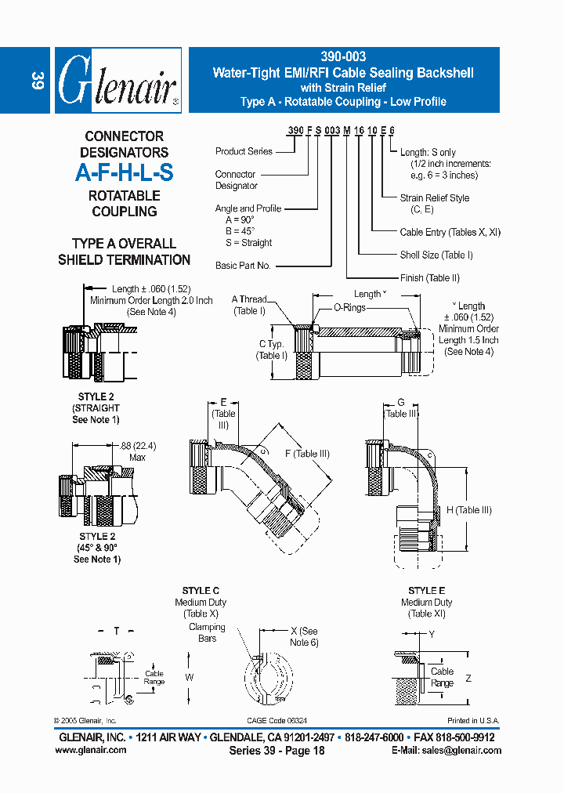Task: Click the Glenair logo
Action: click(x=118, y=81)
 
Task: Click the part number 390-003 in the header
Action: click(x=342, y=58)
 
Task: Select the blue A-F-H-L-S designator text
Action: click(x=124, y=172)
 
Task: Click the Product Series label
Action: click(x=244, y=151)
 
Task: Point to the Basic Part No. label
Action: click(x=243, y=266)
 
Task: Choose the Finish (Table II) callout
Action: click(x=429, y=277)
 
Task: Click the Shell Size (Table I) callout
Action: click(x=436, y=255)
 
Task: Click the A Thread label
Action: click(x=249, y=299)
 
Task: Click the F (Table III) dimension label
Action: click(x=307, y=453)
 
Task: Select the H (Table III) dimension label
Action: click(x=468, y=510)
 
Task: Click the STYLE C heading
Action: click(x=201, y=591)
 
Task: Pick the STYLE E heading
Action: click(x=426, y=591)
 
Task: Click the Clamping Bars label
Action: click(x=207, y=632)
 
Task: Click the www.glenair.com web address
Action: click(x=91, y=750)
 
